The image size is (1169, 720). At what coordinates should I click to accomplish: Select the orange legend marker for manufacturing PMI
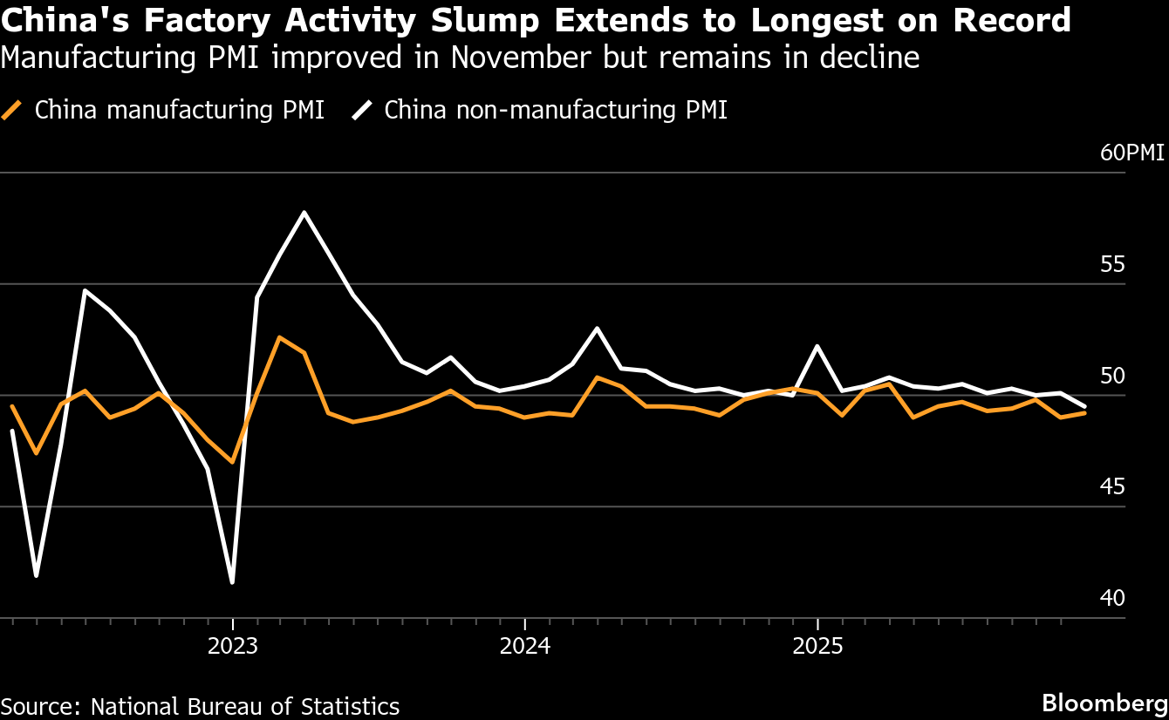[11, 111]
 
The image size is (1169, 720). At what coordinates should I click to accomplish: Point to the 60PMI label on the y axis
[1131, 153]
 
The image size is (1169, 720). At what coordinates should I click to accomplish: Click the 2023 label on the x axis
[232, 648]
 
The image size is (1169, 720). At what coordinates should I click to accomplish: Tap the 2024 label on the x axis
[524, 648]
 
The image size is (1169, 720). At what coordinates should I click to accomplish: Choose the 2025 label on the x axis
[817, 648]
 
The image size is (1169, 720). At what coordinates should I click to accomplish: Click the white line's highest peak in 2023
[304, 212]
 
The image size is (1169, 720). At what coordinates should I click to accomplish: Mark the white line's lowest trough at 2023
[232, 582]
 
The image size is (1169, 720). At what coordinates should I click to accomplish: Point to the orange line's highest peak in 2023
[278, 337]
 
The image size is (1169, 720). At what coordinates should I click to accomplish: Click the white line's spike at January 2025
[817, 346]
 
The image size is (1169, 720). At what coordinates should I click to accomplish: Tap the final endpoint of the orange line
[1085, 412]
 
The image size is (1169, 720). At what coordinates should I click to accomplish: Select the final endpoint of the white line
[1085, 406]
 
